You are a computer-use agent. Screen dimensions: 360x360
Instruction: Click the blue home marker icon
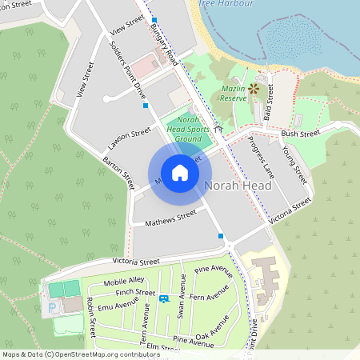click(x=180, y=174)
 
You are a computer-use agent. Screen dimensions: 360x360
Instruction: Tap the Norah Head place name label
click(x=238, y=185)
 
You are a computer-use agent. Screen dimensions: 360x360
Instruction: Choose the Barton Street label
click(x=118, y=172)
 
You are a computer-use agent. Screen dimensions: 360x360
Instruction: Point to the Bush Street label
click(x=301, y=134)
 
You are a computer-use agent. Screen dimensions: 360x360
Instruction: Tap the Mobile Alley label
click(x=124, y=281)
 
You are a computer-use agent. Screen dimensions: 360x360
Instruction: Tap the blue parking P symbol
click(x=54, y=307)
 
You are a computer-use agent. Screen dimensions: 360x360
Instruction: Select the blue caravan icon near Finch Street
click(x=164, y=298)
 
